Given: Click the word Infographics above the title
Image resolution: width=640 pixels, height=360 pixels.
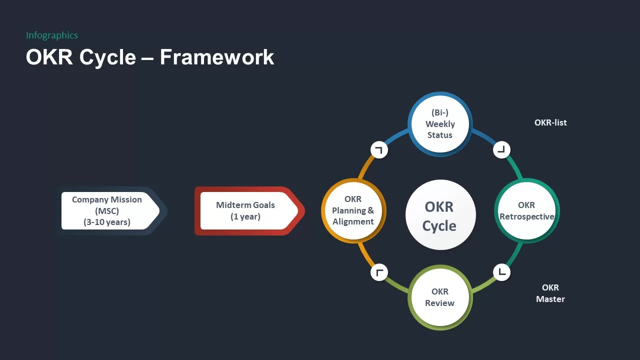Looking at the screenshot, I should tap(52, 35).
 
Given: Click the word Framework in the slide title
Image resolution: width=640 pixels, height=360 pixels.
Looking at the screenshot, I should tap(216, 57).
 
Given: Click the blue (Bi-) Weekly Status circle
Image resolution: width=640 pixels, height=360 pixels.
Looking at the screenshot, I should tap(439, 124).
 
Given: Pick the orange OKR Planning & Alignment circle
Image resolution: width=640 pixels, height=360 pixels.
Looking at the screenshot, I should tap(353, 210).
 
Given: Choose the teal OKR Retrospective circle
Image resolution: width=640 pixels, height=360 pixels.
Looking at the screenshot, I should tap(526, 211).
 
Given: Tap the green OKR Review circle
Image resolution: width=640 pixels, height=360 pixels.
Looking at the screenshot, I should tap(439, 297).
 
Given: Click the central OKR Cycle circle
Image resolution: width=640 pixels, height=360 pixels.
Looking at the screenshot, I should tap(439, 215).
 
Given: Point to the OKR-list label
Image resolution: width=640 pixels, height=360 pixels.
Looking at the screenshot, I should tap(550, 122).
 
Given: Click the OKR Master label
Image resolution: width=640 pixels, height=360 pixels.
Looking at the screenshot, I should tap(550, 293).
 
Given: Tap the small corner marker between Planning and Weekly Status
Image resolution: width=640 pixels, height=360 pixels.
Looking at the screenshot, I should tap(379, 149).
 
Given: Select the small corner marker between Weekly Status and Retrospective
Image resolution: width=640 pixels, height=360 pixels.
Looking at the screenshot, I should tap(501, 149).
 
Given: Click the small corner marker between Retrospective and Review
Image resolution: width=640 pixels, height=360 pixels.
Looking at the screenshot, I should tap(501, 272).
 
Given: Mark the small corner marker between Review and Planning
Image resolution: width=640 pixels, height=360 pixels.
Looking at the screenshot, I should tap(379, 272).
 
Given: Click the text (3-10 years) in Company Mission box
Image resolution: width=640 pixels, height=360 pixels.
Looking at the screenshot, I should tap(107, 222).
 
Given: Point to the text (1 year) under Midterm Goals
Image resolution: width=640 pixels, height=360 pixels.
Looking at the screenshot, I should tap(245, 216).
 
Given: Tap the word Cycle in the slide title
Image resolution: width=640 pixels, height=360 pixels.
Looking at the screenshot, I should tap(107, 57).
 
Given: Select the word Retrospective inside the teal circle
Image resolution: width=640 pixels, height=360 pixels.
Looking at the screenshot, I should tap(527, 216).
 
